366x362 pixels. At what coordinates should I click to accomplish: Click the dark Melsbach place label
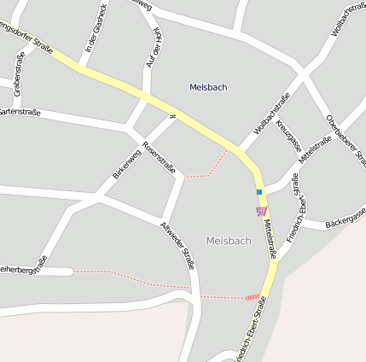(208, 87)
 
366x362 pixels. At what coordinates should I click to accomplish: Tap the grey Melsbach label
(229, 241)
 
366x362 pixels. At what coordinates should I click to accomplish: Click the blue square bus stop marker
(259, 192)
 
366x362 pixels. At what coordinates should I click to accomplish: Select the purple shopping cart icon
(261, 211)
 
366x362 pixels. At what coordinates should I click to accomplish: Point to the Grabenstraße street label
(17, 74)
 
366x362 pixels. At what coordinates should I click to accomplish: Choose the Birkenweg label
(125, 164)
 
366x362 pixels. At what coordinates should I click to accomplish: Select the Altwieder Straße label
(177, 245)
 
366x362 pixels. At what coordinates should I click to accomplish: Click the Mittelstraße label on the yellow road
(270, 238)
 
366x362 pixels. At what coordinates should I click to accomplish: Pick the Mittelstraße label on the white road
(314, 153)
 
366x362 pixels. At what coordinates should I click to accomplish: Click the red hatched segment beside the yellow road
(252, 297)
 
